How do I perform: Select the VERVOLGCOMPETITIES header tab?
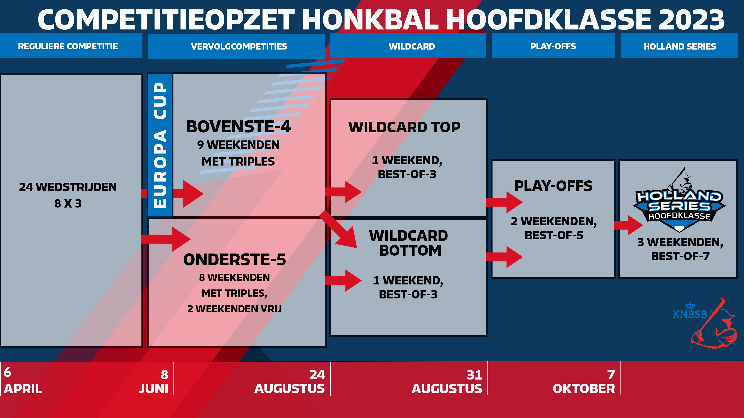236,46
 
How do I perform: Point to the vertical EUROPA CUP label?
160,145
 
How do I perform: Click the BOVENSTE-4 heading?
238,126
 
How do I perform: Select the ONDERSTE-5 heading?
235,260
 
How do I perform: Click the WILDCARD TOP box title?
404,127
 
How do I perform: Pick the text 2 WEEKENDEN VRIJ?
234,309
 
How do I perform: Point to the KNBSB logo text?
690,314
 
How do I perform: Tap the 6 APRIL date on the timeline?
23,381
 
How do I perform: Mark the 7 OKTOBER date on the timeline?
584,382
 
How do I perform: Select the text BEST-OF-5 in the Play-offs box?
554,235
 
